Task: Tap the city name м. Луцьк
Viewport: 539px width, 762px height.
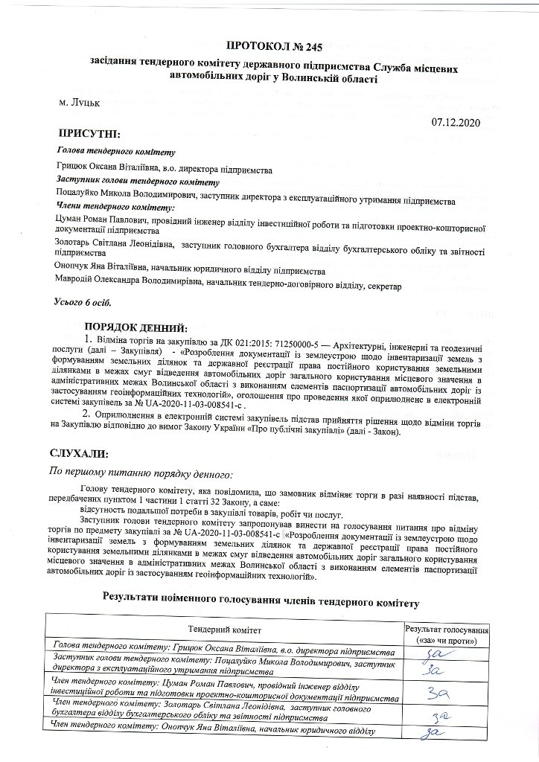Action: tap(78, 103)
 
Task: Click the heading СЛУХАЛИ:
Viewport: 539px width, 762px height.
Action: tap(79, 453)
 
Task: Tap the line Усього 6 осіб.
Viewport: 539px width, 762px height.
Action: tap(82, 303)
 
